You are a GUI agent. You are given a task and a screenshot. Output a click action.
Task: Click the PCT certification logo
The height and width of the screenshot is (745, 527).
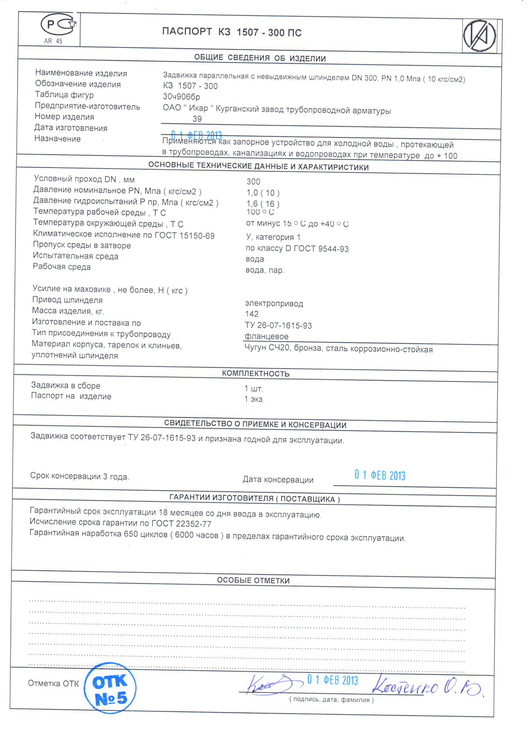(58, 25)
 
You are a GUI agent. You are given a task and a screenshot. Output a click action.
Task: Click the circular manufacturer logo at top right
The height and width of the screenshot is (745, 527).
(479, 35)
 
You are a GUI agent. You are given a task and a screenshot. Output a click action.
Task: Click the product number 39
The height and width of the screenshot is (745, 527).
(197, 119)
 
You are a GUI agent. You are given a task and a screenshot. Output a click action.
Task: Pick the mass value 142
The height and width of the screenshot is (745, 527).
(252, 314)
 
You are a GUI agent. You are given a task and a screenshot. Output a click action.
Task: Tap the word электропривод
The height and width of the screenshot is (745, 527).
(274, 303)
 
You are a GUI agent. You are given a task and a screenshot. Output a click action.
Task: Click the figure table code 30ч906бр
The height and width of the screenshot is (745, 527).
(181, 97)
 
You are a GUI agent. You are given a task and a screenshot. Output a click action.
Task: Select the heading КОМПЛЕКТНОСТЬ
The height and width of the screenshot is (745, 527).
(256, 374)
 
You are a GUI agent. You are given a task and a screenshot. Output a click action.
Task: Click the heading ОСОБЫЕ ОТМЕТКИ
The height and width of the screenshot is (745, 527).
(253, 580)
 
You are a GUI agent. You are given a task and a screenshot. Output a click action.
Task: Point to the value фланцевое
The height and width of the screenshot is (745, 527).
(266, 336)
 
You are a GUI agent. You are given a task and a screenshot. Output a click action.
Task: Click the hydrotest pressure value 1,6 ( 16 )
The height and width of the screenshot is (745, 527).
(263, 203)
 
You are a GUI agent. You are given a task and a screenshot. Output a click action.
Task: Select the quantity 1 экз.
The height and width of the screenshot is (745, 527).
(254, 399)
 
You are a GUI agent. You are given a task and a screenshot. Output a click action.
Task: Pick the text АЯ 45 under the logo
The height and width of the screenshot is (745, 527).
(53, 41)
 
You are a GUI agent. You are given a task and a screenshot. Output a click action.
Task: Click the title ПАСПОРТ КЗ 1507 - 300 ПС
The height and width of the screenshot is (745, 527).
(232, 32)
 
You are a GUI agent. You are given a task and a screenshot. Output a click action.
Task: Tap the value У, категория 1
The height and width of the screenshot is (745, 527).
(273, 237)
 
